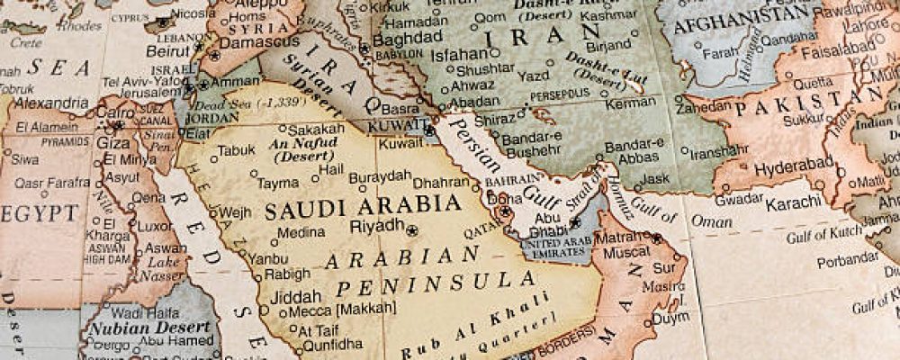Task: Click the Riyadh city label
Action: click(x=376, y=225)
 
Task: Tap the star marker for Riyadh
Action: click(x=412, y=230)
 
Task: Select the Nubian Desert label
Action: click(x=137, y=328)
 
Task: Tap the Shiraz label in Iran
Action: click(x=496, y=120)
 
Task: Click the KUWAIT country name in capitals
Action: click(x=400, y=123)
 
